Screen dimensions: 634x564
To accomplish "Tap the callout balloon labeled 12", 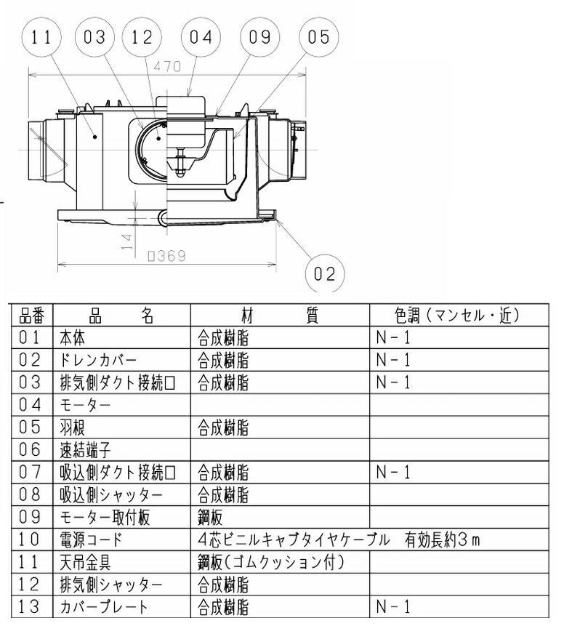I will (142, 37).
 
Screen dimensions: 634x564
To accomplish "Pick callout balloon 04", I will (201, 37).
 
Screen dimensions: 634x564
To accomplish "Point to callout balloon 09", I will (259, 37).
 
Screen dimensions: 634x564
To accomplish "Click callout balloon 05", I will (318, 37).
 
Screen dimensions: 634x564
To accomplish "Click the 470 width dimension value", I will (166, 66).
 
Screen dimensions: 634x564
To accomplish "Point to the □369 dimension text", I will (166, 256).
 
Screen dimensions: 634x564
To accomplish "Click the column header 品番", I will (31, 316).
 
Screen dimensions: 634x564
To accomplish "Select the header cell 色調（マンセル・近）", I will (458, 316).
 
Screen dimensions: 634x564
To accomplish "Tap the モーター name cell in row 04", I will (86, 404).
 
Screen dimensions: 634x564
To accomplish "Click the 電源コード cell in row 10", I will (92, 539).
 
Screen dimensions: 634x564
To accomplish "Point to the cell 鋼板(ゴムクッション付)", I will (270, 562).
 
